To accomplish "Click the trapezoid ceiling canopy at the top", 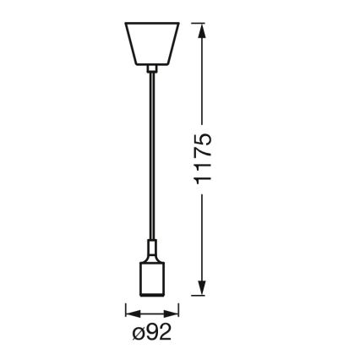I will tap(150, 42).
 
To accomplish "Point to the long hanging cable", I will tap(150, 152).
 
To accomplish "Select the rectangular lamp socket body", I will tap(150, 278).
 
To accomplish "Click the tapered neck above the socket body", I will tap(150, 248).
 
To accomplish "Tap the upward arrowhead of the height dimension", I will tap(202, 30).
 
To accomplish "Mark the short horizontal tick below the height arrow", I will tap(202, 297).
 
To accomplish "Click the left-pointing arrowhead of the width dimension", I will tap(131, 311).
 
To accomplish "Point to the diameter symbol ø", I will tap(138, 333).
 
